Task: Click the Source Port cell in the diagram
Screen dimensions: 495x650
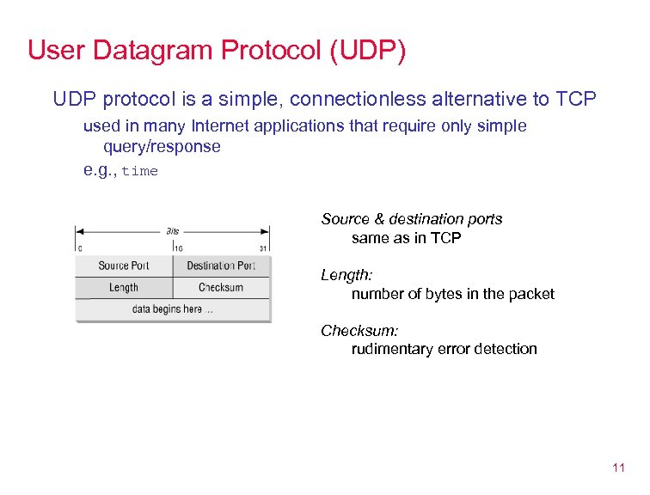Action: tap(124, 266)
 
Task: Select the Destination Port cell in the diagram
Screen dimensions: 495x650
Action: tap(221, 266)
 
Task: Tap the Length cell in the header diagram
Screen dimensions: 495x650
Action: tap(124, 288)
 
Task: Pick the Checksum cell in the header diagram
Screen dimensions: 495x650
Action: tap(221, 288)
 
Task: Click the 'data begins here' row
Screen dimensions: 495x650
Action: tap(172, 309)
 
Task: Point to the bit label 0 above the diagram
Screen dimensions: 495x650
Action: tap(79, 248)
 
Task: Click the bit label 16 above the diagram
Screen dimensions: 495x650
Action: tap(178, 248)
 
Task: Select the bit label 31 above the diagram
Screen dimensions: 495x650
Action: tap(264, 248)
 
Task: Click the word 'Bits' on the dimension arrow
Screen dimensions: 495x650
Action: tap(173, 231)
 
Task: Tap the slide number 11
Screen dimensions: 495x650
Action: tap(617, 468)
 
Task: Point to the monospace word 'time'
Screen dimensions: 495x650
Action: tap(140, 171)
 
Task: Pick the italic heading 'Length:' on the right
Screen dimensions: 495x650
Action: tap(346, 275)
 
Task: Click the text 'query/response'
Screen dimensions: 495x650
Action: tap(162, 147)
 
